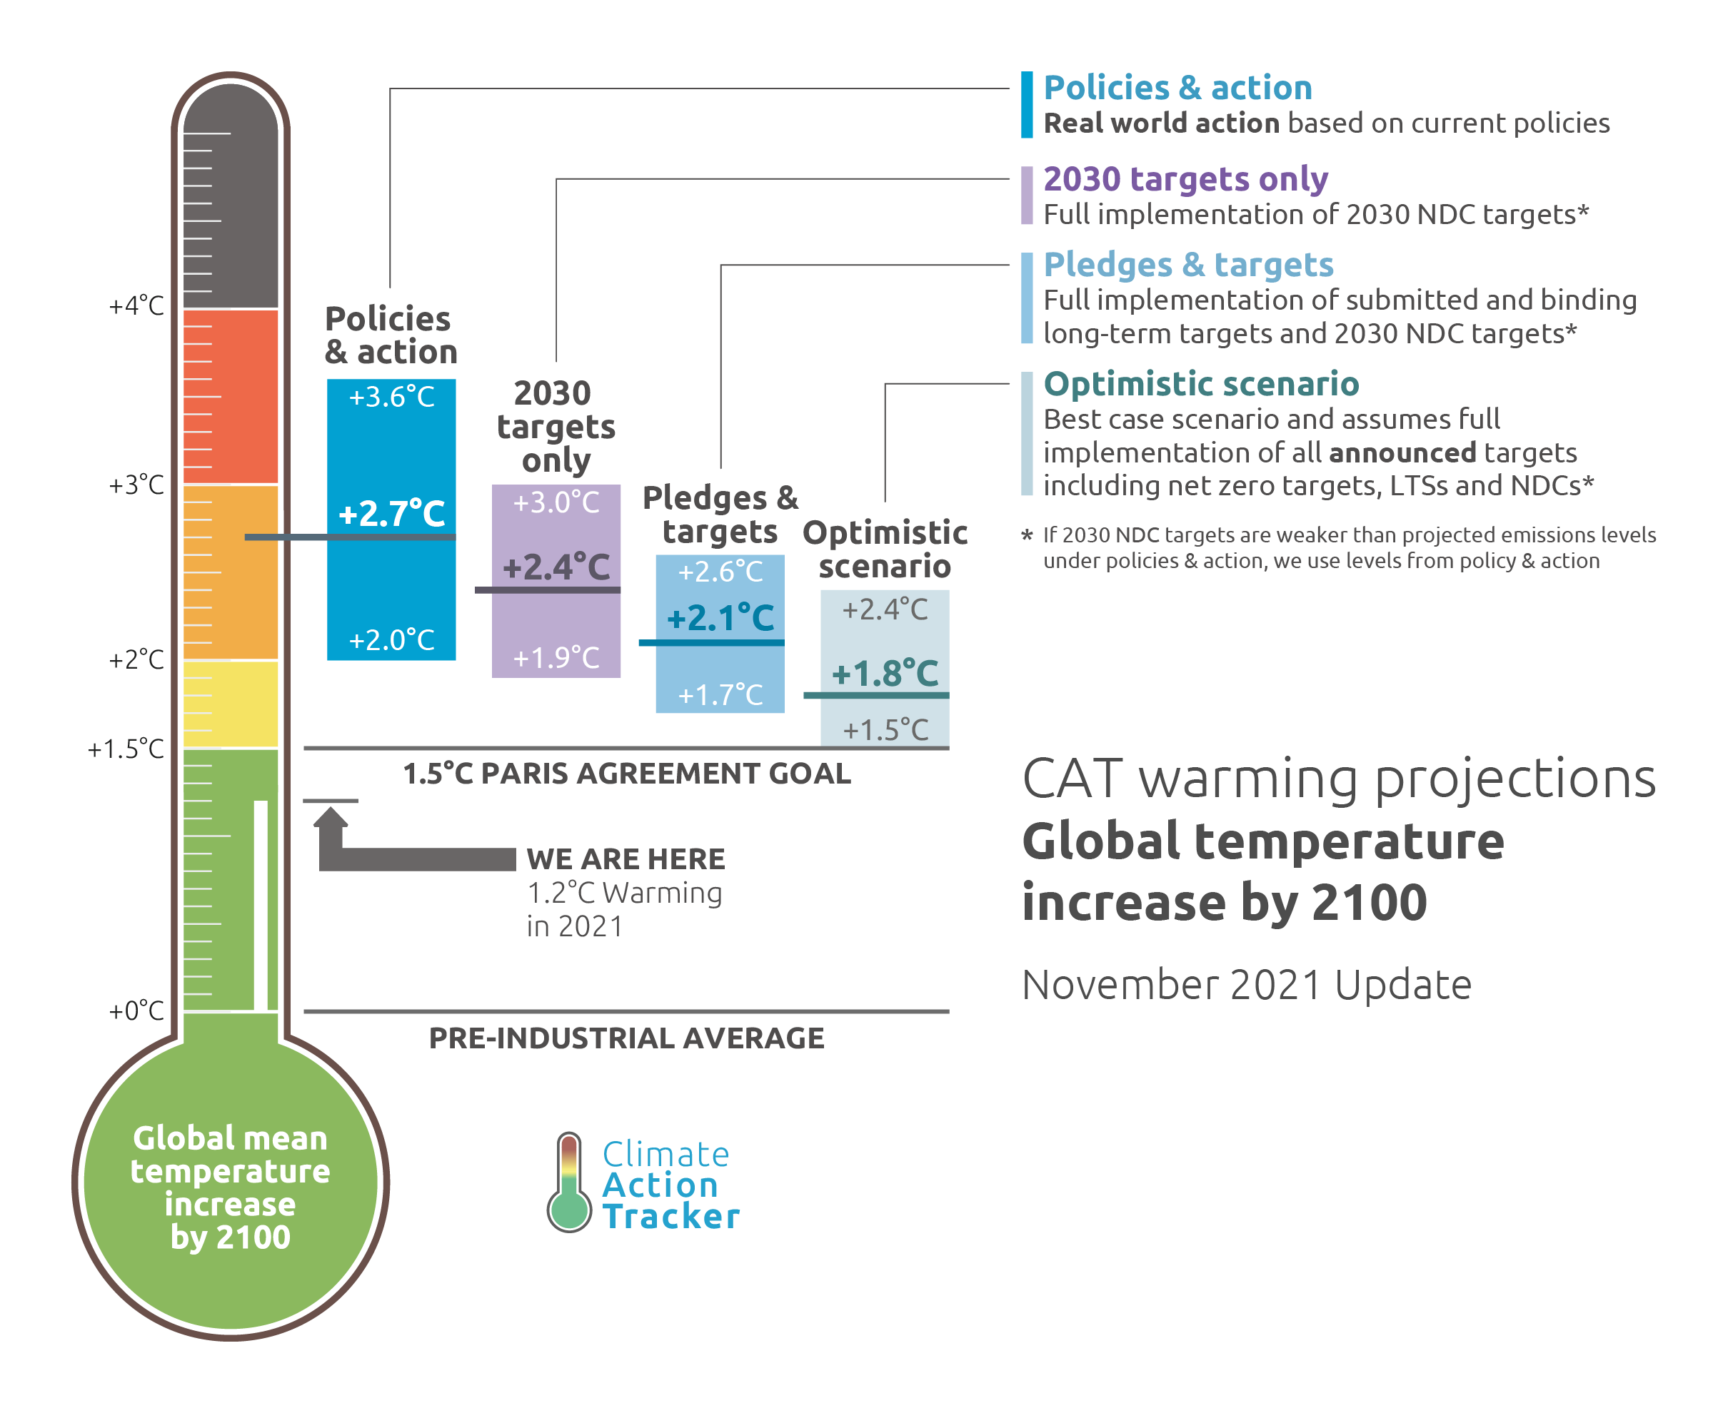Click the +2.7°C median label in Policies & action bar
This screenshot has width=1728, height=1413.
392,514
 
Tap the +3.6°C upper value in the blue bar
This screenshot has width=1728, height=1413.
392,397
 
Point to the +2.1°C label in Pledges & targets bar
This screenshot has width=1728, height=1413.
720,618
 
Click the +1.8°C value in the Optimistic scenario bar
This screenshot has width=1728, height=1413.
885,673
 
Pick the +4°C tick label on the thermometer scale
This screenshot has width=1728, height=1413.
136,306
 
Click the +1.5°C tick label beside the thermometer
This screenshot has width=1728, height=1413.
126,749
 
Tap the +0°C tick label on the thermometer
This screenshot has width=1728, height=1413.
136,1011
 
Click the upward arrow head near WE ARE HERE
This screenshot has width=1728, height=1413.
331,818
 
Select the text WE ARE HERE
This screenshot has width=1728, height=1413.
626,859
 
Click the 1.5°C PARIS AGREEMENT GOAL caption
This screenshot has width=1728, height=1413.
627,774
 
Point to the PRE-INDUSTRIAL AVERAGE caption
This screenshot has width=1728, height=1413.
627,1038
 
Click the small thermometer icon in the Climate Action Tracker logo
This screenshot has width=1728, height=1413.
569,1182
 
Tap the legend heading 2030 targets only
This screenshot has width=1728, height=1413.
1185,179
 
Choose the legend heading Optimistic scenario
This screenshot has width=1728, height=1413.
1201,384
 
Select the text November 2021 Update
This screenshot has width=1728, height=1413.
1247,985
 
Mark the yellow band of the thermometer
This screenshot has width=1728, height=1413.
231,704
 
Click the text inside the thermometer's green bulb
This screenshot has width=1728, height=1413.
231,1187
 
